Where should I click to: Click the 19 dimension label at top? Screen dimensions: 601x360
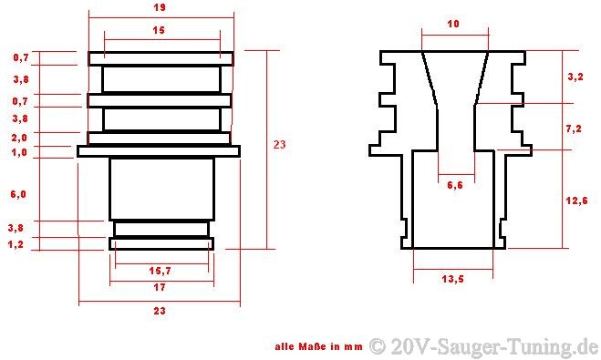[160, 7]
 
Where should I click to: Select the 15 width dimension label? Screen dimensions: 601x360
[159, 30]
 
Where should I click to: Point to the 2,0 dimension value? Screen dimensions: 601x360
[19, 138]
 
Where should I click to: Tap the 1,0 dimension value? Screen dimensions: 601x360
[19, 152]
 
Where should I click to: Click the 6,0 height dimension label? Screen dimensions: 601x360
[18, 194]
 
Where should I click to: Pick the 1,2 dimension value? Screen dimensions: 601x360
[16, 244]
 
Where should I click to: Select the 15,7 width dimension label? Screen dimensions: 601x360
[160, 271]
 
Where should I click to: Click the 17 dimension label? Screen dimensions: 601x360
[160, 287]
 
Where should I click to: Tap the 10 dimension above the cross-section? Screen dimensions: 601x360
[453, 24]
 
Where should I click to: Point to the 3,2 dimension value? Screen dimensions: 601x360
[575, 77]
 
